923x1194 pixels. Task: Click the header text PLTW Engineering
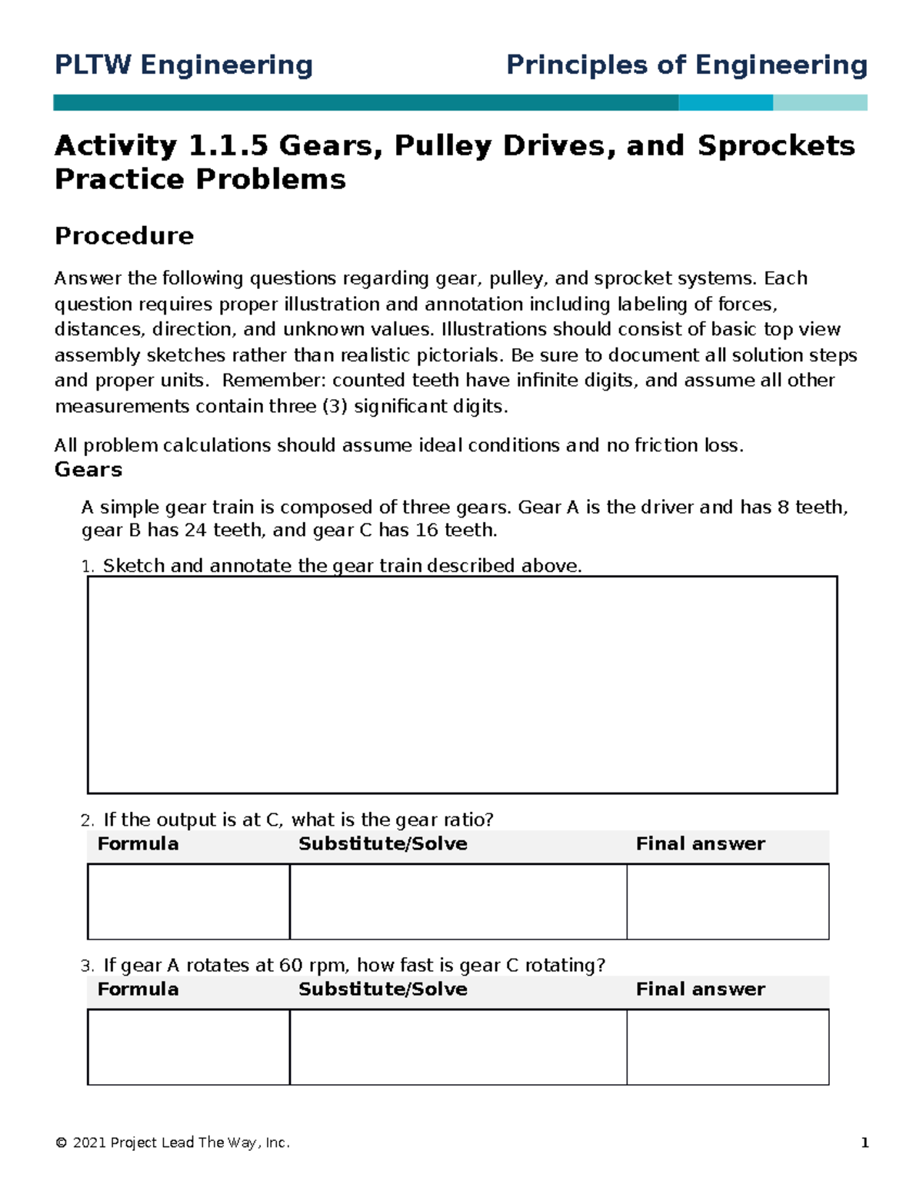coord(183,65)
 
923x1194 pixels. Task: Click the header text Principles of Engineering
coord(686,65)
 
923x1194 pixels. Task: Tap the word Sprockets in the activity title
coord(775,146)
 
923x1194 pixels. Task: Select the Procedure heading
coord(124,236)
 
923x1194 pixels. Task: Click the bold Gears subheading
coord(88,470)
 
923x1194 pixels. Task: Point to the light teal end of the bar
coord(820,103)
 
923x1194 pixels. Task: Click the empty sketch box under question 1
coord(461,684)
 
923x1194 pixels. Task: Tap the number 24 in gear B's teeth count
coord(195,530)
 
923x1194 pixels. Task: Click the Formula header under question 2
coord(138,844)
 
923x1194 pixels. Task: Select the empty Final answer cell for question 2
coord(728,901)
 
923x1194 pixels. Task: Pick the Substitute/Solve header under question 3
coord(382,989)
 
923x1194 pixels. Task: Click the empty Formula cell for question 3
coord(188,1046)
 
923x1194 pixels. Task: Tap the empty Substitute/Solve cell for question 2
coord(458,901)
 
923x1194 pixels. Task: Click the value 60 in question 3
coord(291,966)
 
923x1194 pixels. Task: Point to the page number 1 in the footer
coord(865,1142)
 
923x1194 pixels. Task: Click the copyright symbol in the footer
coord(61,1143)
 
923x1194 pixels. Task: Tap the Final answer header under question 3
coord(700,989)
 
